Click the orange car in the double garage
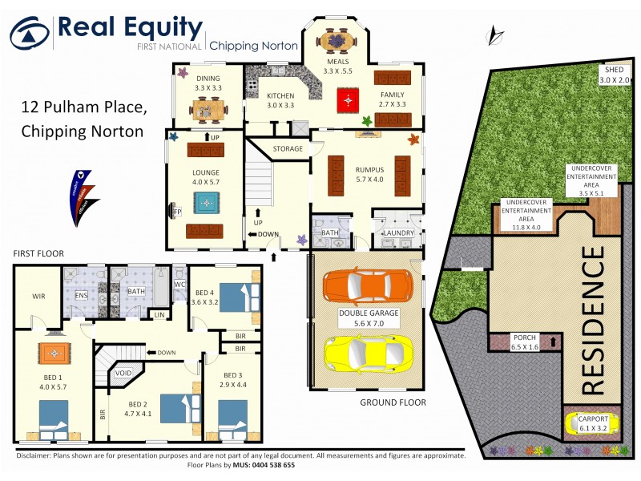click(x=368, y=285)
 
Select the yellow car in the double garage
click(x=368, y=350)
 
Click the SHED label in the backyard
click(x=615, y=71)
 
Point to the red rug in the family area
click(x=346, y=100)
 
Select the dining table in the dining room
click(x=208, y=105)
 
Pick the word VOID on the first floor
click(x=124, y=373)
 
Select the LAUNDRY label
click(x=398, y=233)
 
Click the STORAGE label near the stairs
click(x=288, y=148)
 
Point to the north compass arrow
click(x=496, y=35)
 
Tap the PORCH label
click(x=526, y=338)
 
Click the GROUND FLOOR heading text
click(x=393, y=402)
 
